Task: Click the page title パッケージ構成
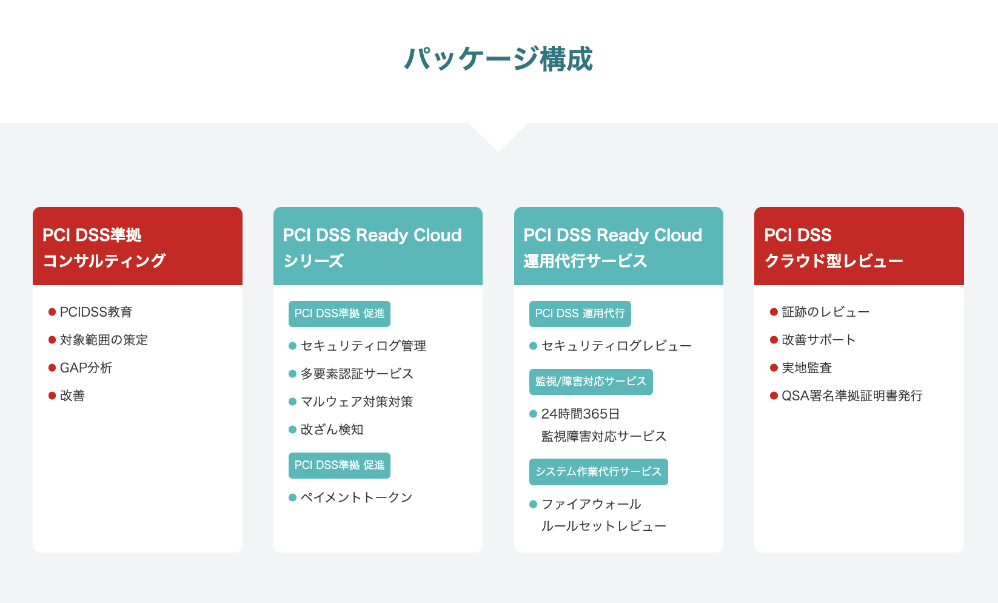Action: point(498,59)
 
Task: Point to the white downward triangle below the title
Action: point(498,136)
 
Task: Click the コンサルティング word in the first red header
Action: point(104,261)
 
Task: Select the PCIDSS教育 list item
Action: point(96,312)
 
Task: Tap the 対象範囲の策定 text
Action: point(103,340)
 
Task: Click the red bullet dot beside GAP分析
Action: point(52,368)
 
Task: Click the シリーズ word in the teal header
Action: point(313,261)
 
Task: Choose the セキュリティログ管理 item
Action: point(363,346)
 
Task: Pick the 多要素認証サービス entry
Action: point(357,374)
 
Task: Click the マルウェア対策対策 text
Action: point(357,402)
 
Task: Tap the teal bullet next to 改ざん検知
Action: point(293,430)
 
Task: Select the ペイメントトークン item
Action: point(357,497)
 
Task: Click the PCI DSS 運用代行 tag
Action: point(580,314)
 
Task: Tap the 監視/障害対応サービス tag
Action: point(591,382)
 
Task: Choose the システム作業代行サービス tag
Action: point(598,471)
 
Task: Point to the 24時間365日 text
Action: point(580,414)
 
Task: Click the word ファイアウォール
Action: point(591,504)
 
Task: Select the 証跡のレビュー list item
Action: point(825,312)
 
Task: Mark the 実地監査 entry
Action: point(807,368)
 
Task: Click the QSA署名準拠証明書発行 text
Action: point(852,396)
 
